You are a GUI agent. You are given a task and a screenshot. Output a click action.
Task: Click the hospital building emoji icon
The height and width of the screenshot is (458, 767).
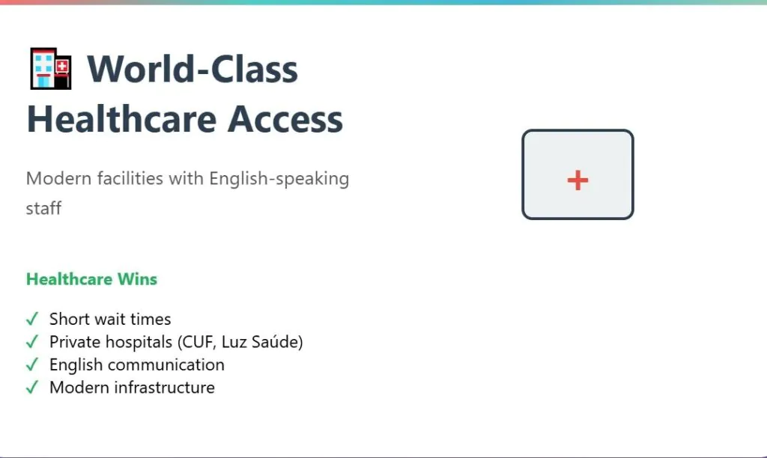(x=51, y=68)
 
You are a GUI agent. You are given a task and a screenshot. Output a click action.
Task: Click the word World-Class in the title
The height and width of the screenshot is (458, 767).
(x=192, y=69)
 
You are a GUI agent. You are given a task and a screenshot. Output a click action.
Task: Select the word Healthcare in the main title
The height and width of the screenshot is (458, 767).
(x=121, y=119)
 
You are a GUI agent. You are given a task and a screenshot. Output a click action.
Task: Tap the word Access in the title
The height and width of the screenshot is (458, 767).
(x=285, y=119)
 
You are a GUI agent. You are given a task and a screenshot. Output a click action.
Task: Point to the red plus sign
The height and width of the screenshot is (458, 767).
(x=577, y=180)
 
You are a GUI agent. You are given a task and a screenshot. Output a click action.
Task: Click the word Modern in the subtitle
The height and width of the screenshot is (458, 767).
(x=58, y=178)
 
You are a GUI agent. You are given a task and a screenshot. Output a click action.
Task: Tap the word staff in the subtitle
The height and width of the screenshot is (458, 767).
(x=43, y=208)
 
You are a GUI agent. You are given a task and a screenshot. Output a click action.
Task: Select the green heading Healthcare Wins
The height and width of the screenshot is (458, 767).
(x=91, y=279)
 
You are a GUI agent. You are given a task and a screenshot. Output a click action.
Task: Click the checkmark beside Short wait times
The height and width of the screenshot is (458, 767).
(x=32, y=320)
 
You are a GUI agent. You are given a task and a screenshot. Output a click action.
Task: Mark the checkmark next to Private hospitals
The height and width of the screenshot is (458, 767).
(x=32, y=342)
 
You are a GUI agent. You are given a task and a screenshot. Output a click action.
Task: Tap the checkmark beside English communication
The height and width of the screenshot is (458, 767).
(x=32, y=364)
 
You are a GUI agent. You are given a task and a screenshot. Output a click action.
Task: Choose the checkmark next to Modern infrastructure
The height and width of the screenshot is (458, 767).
(x=32, y=388)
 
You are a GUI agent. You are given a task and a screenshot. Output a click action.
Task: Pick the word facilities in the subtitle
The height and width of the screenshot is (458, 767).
(x=130, y=178)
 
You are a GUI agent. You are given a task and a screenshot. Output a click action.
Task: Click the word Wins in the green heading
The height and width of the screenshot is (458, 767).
(x=138, y=279)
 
